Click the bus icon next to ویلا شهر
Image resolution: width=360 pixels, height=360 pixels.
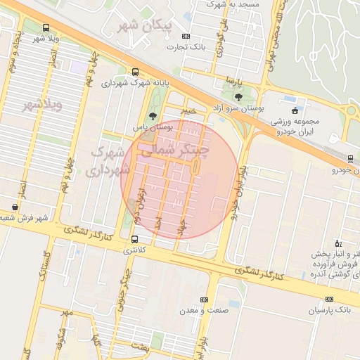click(46, 28)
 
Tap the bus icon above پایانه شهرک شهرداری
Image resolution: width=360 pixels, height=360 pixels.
click(135, 72)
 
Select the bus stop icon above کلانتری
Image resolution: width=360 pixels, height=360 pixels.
click(134, 239)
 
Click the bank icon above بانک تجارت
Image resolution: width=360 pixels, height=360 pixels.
click(186, 36)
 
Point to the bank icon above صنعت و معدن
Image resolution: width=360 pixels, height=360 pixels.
click(204, 299)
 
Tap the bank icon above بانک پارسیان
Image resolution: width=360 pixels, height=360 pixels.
click(330, 299)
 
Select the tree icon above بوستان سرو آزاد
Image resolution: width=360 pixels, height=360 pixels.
click(238, 97)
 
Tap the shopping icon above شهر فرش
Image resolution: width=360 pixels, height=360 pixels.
click(15, 207)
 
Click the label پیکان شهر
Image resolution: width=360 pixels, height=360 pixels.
click(147, 27)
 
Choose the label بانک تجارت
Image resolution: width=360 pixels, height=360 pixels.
click(186, 47)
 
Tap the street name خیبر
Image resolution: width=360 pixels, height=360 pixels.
click(186, 111)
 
